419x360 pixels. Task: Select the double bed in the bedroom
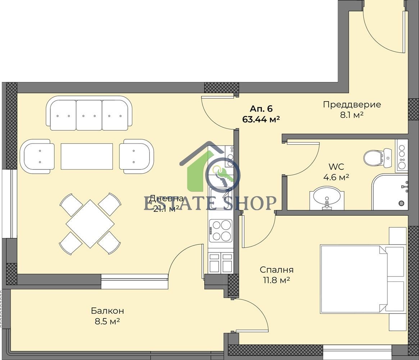click(x=362, y=278)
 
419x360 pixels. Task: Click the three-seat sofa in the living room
click(x=89, y=113)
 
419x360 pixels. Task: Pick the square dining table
click(x=90, y=224)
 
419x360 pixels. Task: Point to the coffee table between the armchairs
click(x=87, y=156)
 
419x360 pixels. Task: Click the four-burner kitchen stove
click(x=221, y=230)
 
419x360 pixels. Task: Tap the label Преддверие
click(x=352, y=104)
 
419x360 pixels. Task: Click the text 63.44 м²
click(x=261, y=119)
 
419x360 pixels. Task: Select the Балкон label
click(x=108, y=311)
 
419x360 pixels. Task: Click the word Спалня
click(x=277, y=270)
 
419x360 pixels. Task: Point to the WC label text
click(x=336, y=167)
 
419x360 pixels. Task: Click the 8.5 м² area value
click(x=107, y=321)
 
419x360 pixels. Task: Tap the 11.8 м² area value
click(x=277, y=280)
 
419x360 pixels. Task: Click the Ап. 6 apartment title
click(x=261, y=109)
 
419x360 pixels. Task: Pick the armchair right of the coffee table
click(x=137, y=156)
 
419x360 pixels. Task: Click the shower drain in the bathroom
click(x=401, y=203)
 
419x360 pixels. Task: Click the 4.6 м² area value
click(x=336, y=177)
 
